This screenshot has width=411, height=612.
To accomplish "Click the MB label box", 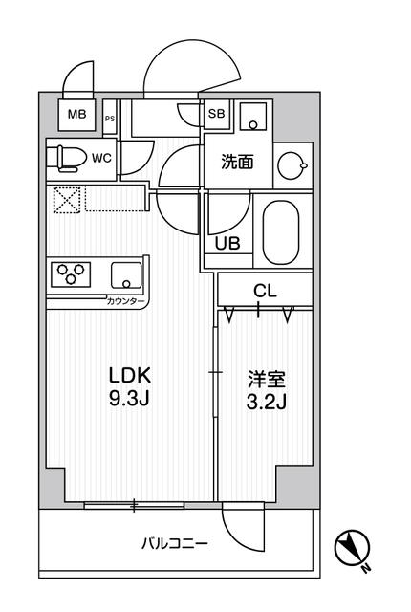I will tap(75, 117).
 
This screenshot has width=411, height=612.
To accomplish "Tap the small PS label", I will tap(109, 120).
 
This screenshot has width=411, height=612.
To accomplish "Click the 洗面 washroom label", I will tap(237, 163).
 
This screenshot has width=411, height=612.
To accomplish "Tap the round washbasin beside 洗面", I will tap(292, 165).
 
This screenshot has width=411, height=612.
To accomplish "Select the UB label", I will tap(227, 243).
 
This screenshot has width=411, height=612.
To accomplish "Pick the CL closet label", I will tap(265, 290).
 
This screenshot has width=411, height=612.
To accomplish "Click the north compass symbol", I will tap(353, 549).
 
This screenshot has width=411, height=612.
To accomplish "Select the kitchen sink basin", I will tap(125, 275).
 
